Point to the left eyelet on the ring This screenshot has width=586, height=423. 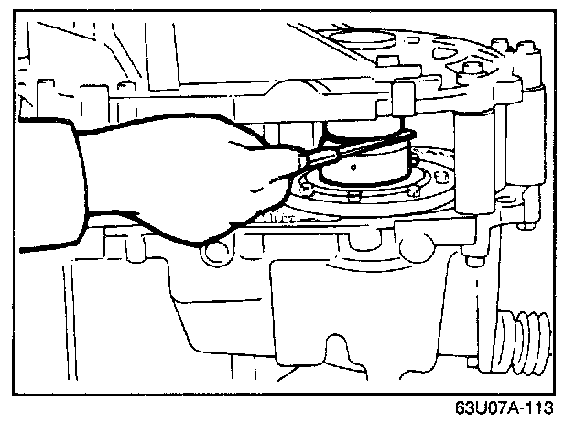pyautogui.click(x=309, y=190)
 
